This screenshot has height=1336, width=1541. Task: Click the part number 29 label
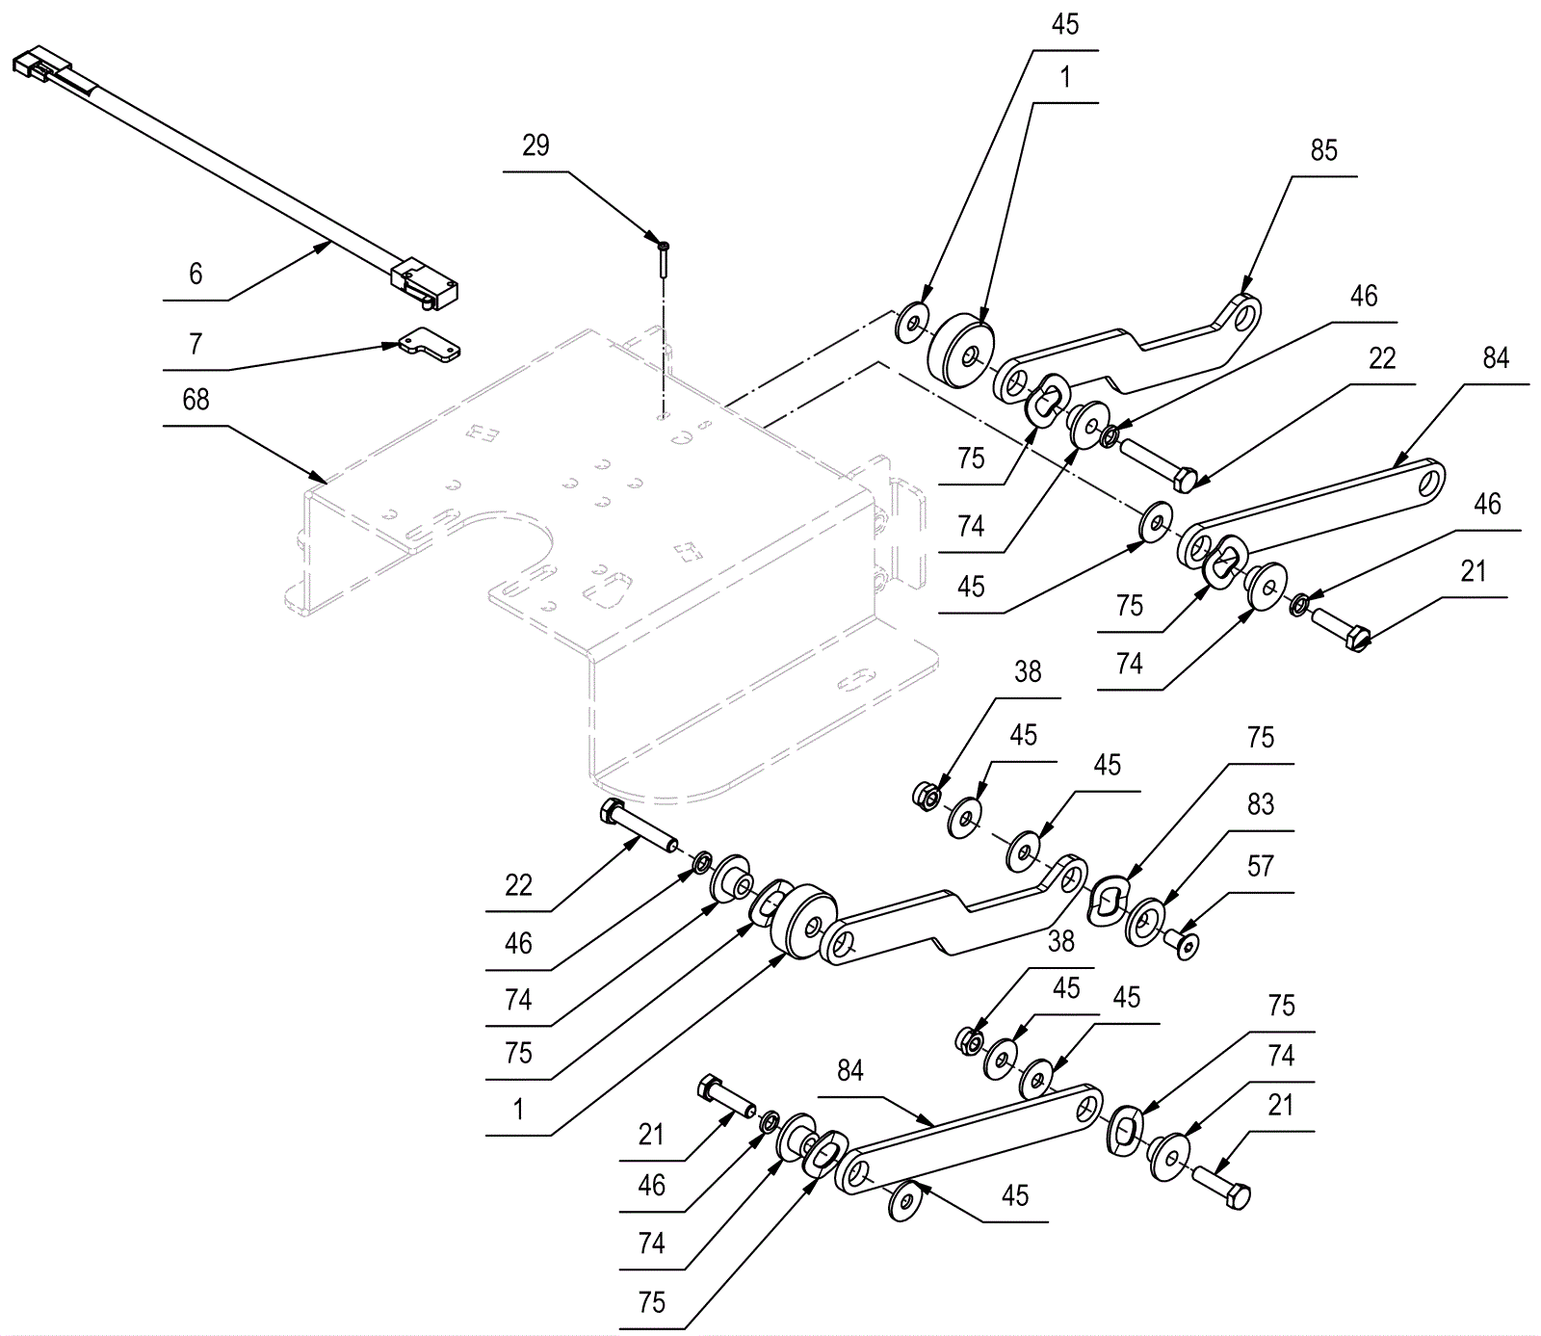click(535, 146)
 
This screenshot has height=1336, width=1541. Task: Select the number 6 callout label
click(196, 275)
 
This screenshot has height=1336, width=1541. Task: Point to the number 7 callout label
click(196, 344)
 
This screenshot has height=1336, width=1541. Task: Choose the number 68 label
click(196, 400)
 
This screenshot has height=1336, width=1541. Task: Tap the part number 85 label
click(1324, 150)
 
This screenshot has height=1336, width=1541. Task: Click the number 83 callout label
click(1260, 804)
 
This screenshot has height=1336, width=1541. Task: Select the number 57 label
click(1260, 867)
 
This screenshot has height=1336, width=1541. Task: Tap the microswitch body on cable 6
click(425, 281)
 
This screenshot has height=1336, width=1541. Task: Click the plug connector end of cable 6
click(41, 65)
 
